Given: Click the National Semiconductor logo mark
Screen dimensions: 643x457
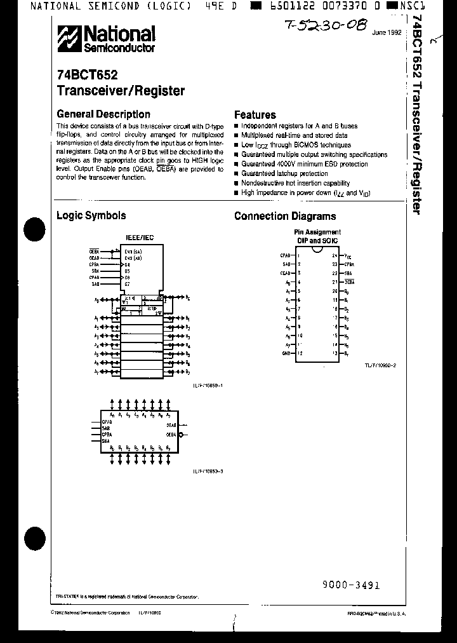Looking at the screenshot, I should point(69,39).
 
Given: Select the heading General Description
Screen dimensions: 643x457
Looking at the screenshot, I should point(103,114).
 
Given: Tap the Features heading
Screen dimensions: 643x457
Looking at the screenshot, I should point(255,115).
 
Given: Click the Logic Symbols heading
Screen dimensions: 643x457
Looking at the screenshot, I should point(91,215).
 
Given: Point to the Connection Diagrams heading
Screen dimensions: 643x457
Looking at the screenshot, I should point(285,216).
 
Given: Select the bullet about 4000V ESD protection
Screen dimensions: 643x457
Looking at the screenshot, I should point(304,164).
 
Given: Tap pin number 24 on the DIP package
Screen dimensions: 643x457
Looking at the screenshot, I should point(334,254).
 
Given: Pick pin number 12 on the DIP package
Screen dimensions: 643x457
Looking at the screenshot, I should point(298,353).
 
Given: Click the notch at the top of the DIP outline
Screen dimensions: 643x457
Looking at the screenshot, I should point(316,249).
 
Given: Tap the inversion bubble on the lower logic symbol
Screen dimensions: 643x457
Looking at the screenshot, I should point(182,435).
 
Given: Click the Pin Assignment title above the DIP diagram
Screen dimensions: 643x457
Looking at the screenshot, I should point(317,233).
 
